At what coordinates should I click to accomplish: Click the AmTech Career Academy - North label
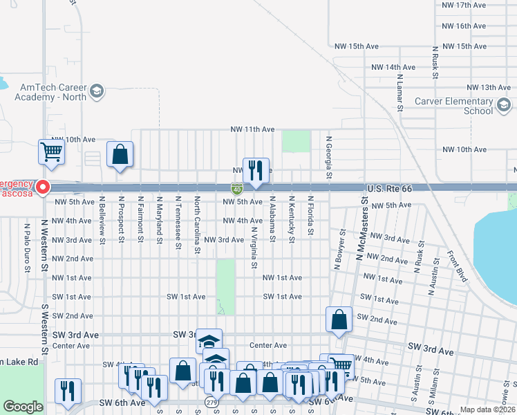tap(54, 92)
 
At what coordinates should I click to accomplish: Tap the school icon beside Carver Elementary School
tap(503, 105)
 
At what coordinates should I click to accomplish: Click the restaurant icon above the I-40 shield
tap(256, 170)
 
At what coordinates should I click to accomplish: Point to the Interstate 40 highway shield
tap(236, 188)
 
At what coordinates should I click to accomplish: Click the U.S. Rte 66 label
tap(389, 188)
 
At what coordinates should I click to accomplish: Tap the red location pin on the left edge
tap(43, 187)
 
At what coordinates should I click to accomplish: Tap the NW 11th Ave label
tap(252, 129)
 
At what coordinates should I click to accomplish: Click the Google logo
tap(23, 407)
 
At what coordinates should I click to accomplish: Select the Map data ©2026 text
tap(487, 409)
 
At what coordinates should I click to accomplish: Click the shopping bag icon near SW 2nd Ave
tap(339, 320)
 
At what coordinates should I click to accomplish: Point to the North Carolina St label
tap(197, 224)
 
